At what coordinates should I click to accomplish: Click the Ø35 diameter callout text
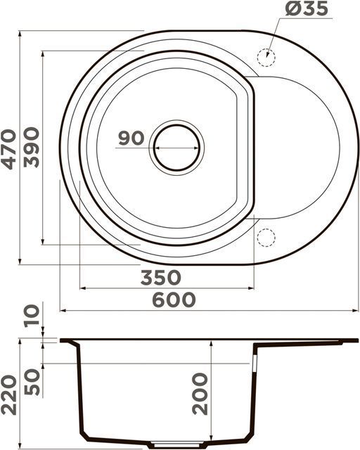coord(307,8)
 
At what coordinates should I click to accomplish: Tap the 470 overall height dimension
coord(8,150)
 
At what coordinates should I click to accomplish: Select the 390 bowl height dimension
coord(31,148)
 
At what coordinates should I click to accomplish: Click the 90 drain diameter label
coord(131,138)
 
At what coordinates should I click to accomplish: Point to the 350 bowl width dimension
coord(161,278)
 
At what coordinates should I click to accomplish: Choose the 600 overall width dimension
coord(174,300)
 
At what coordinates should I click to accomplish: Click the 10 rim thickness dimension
coord(32,316)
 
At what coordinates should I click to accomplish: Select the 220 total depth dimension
coord(8,395)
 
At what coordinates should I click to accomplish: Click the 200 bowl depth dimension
coord(200,394)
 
